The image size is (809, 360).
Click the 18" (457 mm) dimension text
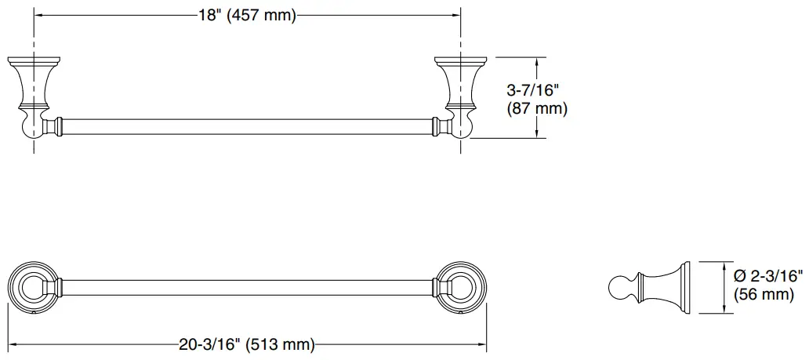click(245, 16)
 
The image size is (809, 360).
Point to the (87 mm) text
click(537, 108)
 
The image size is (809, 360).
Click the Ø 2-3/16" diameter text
click(768, 275)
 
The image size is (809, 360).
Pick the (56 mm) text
click(759, 294)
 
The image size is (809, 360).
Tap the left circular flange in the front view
click(32, 288)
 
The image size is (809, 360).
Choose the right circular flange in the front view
click(458, 288)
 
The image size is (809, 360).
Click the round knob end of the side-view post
click(619, 287)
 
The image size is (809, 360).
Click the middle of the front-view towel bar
click(245, 288)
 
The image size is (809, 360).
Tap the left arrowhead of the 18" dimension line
click(38, 16)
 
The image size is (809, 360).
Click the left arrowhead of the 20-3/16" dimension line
click(11, 344)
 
